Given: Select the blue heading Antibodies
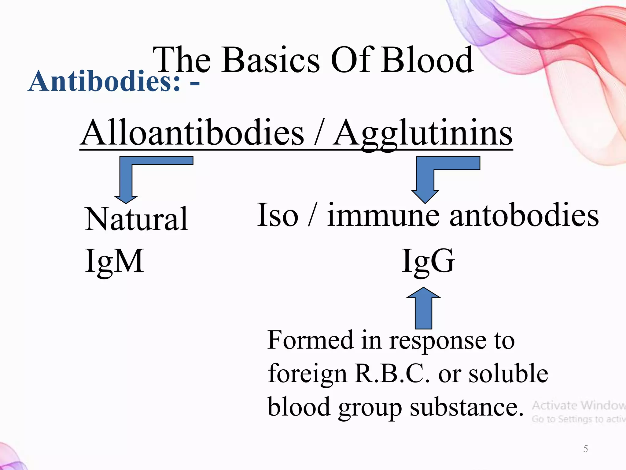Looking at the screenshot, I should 104,81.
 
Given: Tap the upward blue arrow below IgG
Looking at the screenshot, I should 424,309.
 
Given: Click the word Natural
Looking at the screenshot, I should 136,219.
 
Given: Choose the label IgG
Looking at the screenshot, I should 428,261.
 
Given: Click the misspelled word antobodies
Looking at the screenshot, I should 524,215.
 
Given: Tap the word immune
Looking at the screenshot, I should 383,215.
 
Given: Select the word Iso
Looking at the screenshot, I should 278,215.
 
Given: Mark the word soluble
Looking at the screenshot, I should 508,374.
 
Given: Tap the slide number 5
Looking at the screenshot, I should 586,449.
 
